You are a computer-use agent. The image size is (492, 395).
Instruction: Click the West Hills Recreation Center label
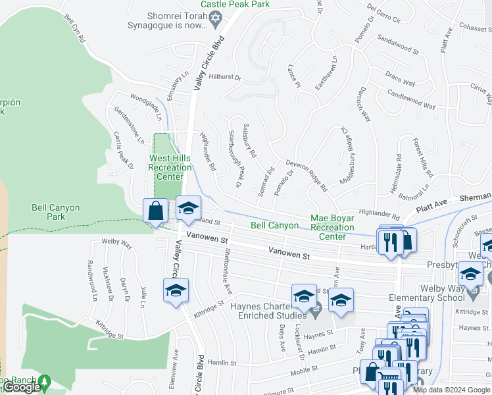(170, 167)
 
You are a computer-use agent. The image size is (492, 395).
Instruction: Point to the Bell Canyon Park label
(56, 212)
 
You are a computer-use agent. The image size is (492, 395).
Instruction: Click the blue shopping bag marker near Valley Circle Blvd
(156, 211)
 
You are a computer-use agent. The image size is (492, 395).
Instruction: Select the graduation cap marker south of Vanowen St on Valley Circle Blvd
(176, 290)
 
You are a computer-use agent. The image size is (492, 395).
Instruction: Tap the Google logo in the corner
(21, 387)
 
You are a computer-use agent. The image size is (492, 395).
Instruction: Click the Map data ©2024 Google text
(451, 390)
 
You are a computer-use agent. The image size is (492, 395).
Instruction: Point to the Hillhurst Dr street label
(225, 77)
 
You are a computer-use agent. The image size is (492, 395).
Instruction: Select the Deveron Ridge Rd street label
(307, 174)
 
